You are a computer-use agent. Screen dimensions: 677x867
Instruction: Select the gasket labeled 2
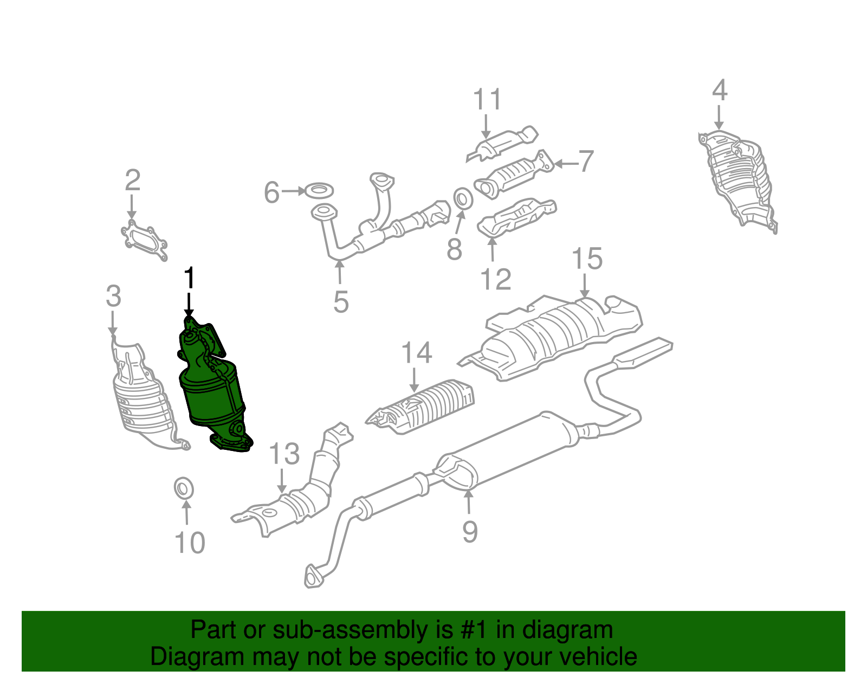click(144, 241)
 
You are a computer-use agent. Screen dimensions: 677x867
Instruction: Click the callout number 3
click(113, 296)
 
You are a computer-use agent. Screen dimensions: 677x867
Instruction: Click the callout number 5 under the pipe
click(341, 301)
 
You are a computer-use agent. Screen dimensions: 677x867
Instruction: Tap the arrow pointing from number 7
click(565, 163)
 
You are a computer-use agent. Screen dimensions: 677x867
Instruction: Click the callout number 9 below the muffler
click(470, 531)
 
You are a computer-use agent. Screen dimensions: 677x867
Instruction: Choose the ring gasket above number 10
click(184, 488)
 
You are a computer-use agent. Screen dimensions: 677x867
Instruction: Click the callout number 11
click(487, 100)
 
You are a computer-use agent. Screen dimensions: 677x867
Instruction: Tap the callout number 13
click(284, 454)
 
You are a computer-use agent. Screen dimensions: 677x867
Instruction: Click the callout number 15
click(587, 259)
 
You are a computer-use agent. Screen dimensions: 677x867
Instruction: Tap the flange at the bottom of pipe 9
click(313, 577)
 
